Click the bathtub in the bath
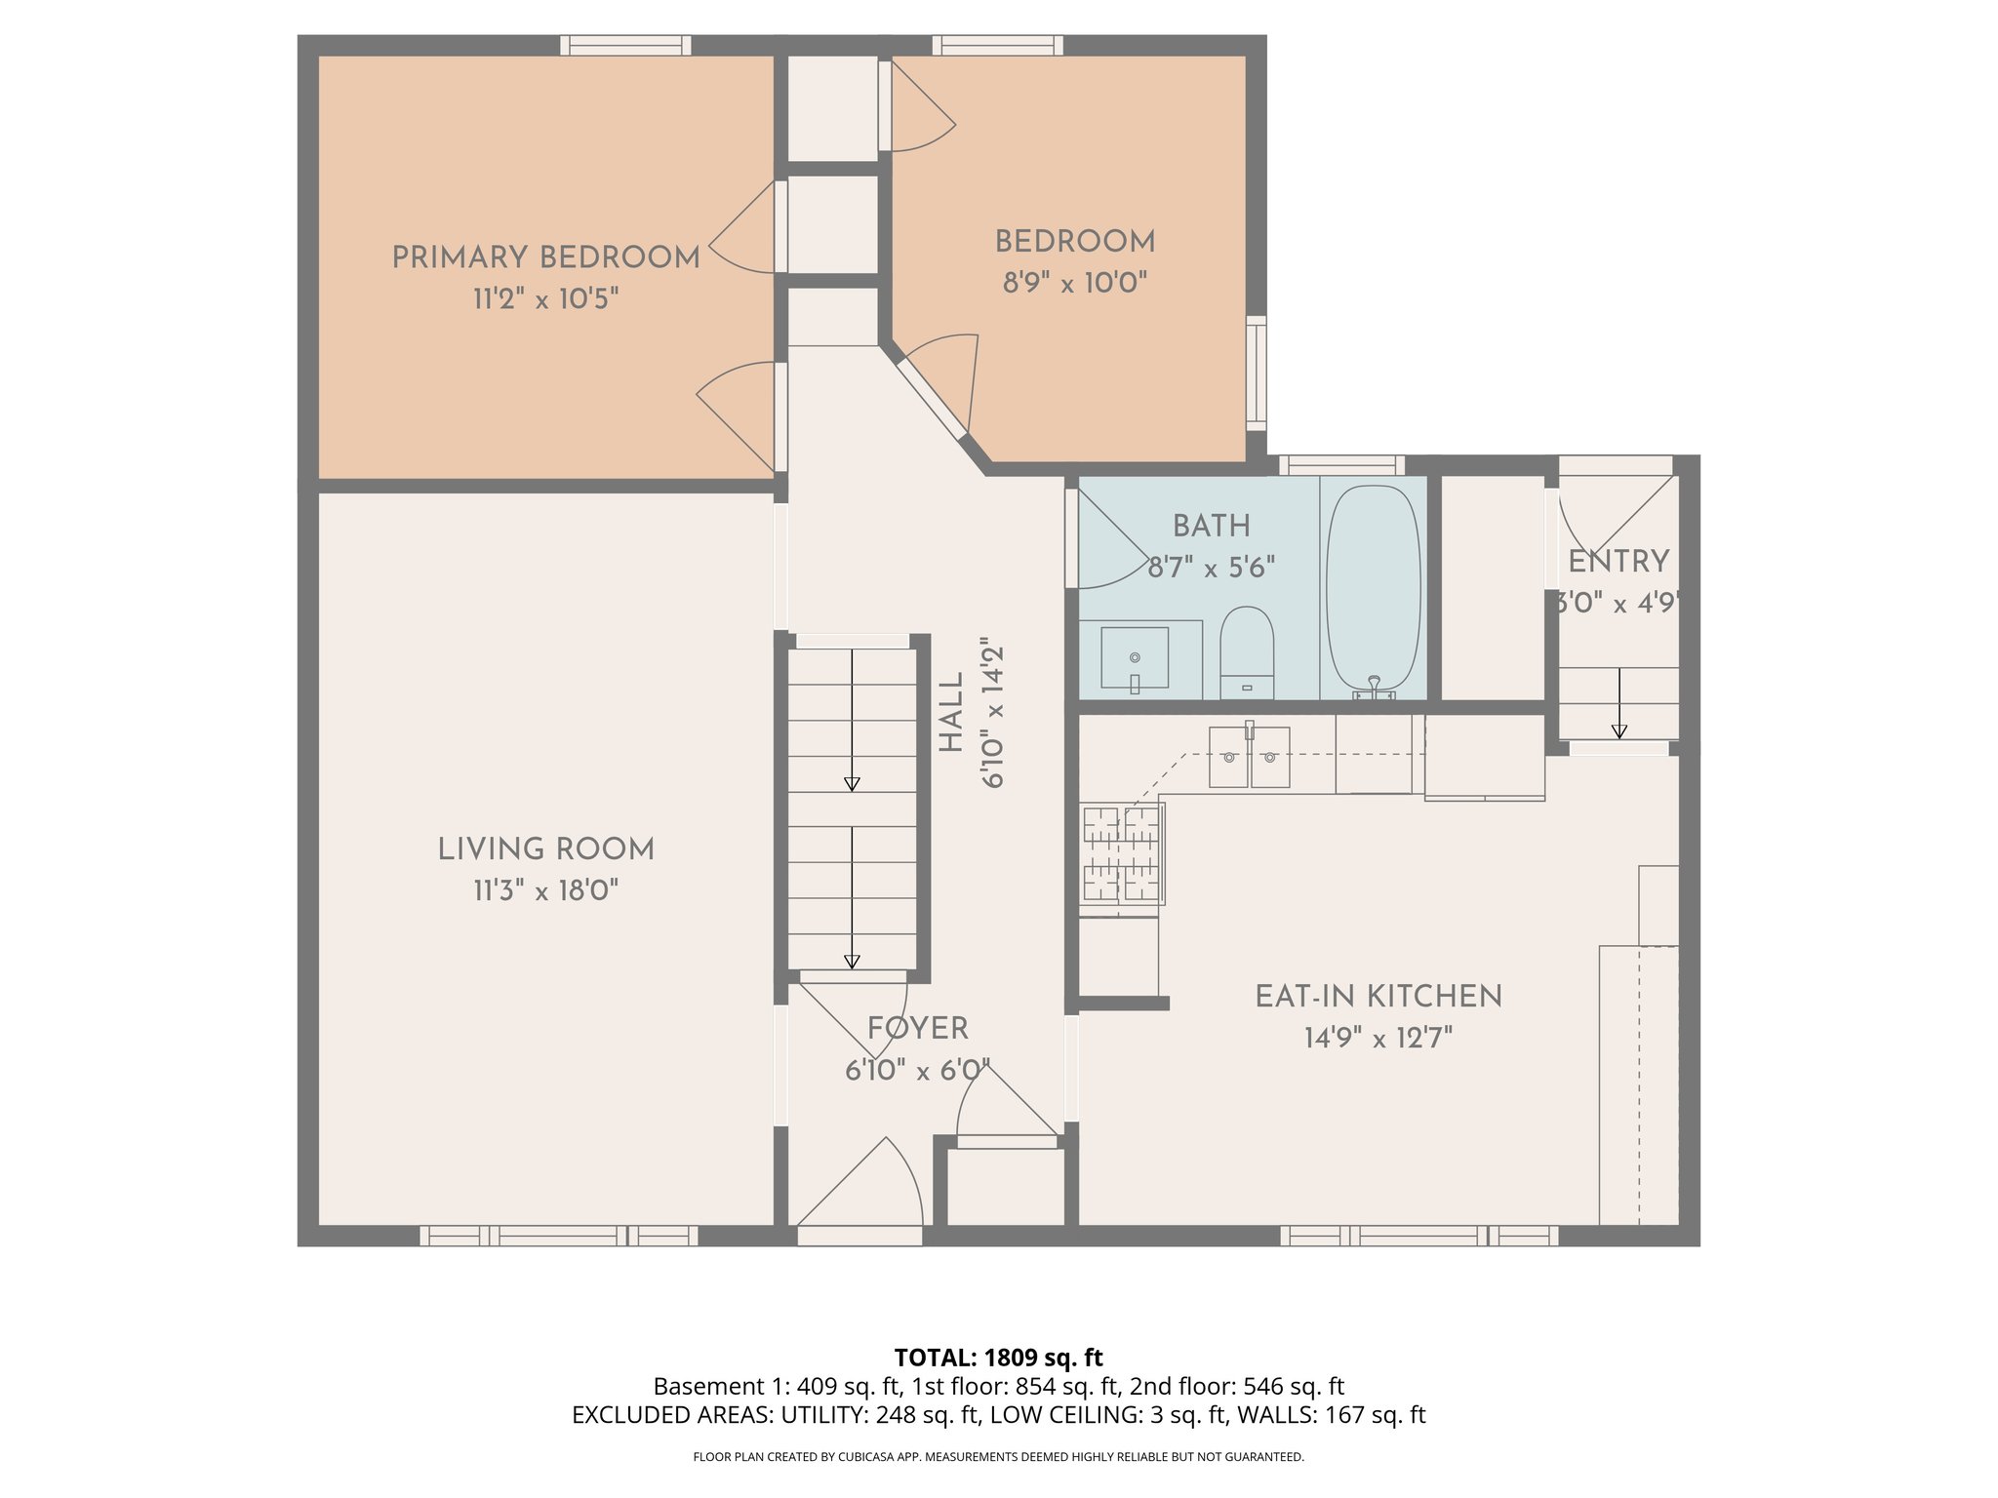[1374, 588]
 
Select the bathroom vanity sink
[1135, 658]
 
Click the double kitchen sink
[1249, 757]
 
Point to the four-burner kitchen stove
[1121, 853]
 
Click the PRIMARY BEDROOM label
[545, 257]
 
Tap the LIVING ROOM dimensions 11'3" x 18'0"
[545, 890]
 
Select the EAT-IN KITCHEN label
[1378, 996]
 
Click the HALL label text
[951, 711]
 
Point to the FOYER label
[917, 1028]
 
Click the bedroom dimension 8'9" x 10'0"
[1074, 283]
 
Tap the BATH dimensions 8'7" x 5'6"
[1211, 567]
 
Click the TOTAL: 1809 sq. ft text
[998, 1357]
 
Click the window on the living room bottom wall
[558, 1236]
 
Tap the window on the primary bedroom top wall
[625, 45]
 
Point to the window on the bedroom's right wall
[1257, 373]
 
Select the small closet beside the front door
[1005, 1186]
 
